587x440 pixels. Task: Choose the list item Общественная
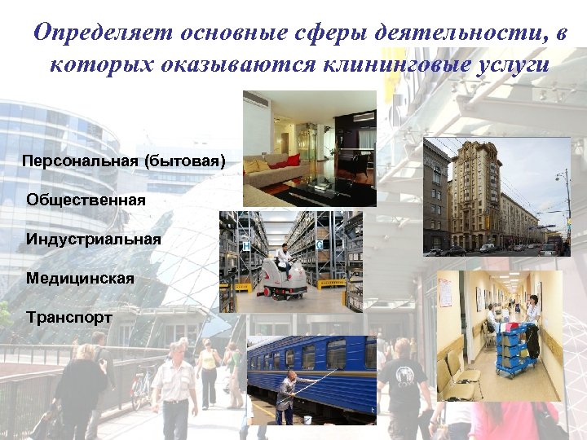[86, 200]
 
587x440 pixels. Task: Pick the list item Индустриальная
[93, 239]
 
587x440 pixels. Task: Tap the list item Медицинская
[80, 278]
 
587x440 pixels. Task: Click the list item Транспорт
[69, 316]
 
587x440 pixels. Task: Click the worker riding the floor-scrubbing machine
[284, 259]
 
